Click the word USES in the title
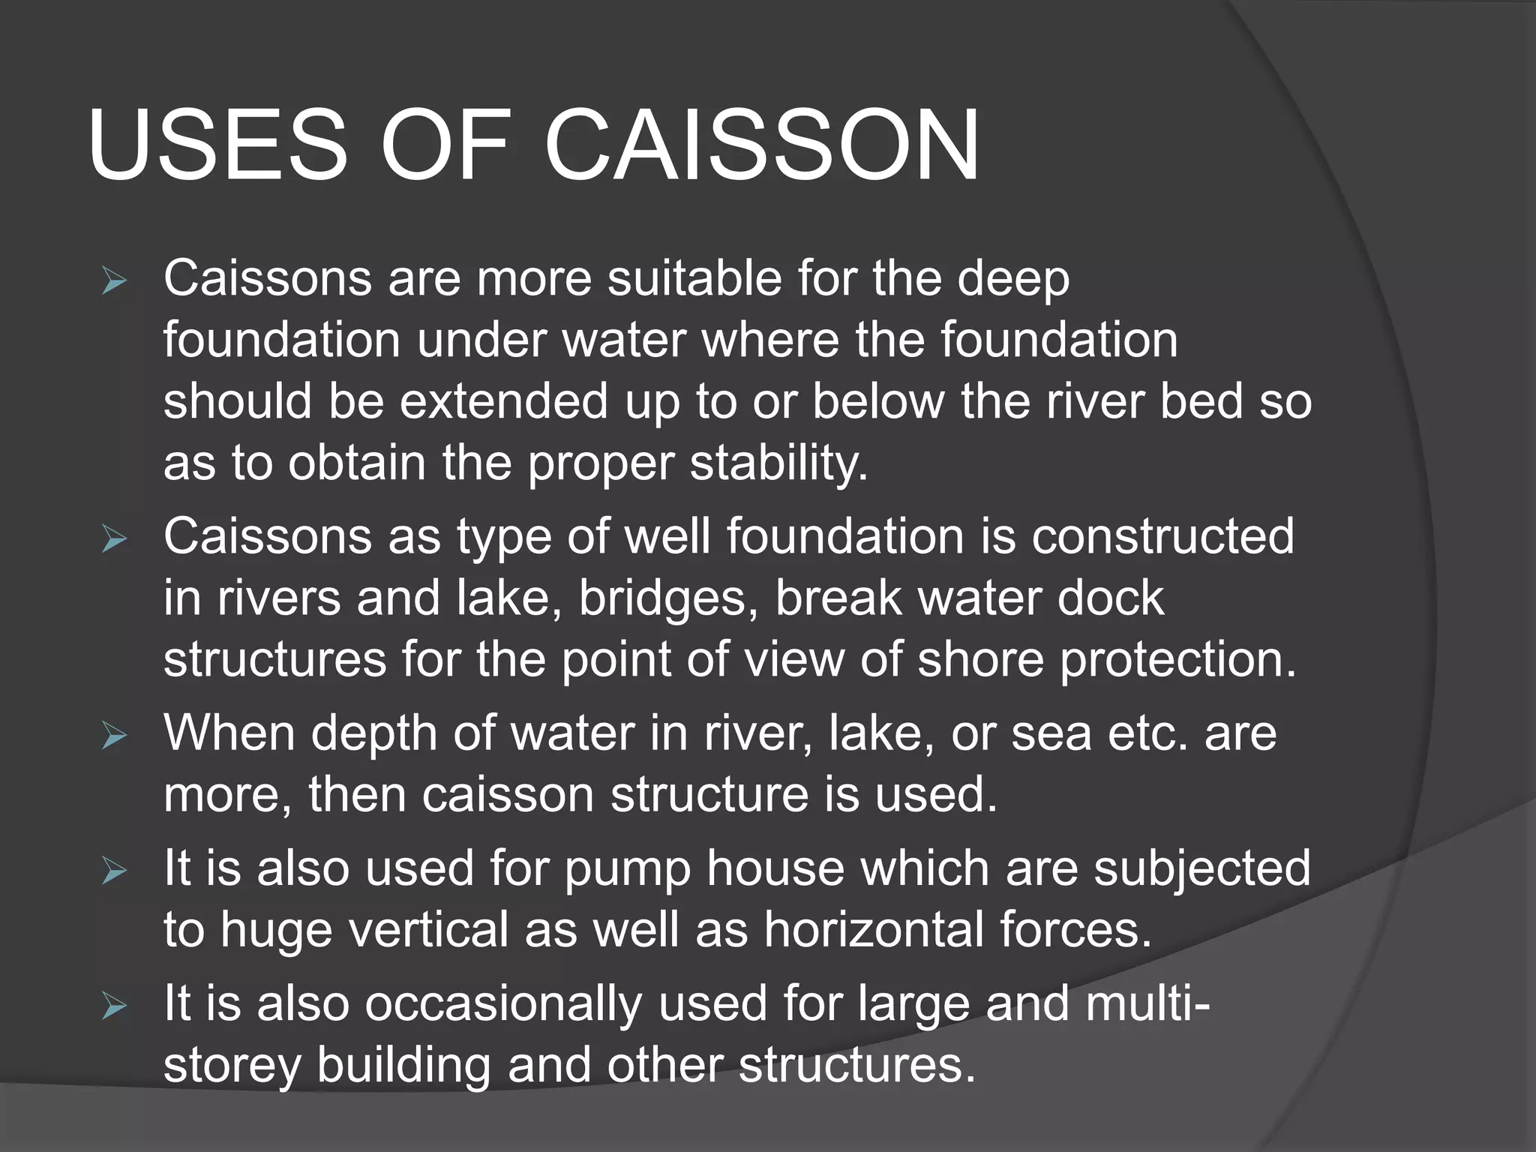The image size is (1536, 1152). (x=217, y=145)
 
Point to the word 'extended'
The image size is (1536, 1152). (x=503, y=402)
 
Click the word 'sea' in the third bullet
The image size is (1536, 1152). (x=1051, y=733)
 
